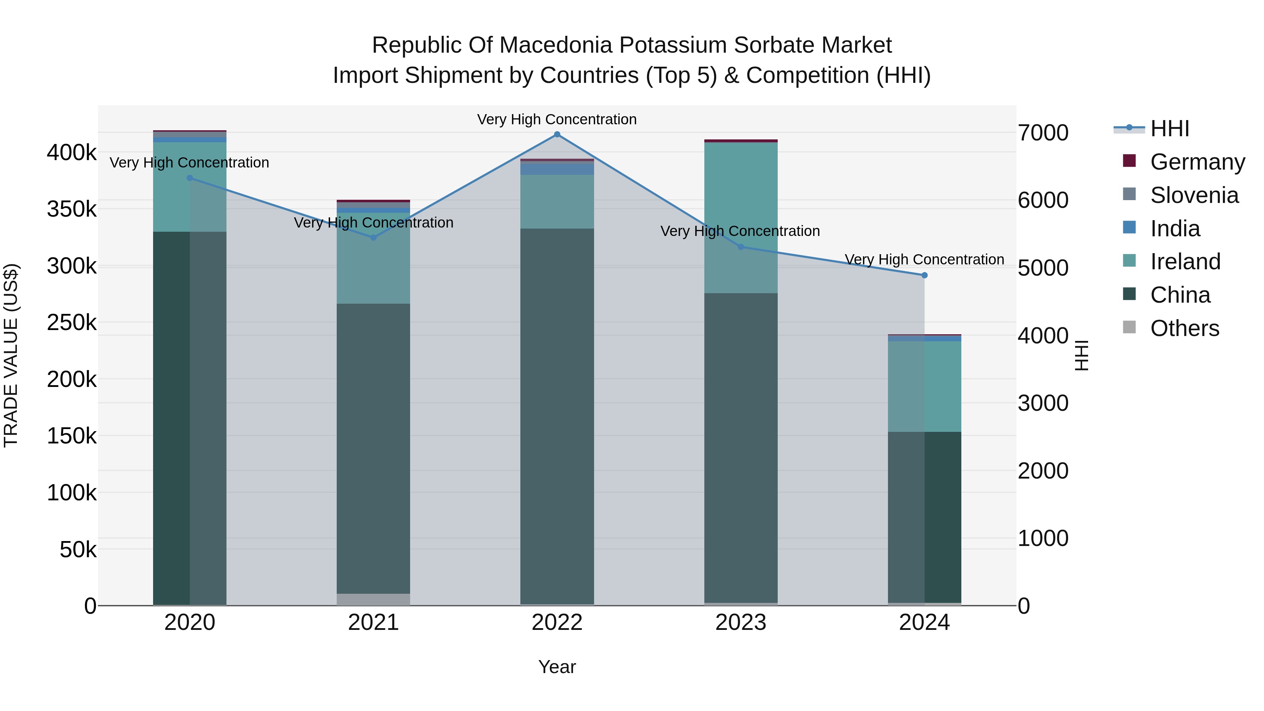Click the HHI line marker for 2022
[557, 134]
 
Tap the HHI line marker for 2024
[924, 275]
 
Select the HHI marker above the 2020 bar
[190, 178]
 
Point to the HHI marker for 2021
[374, 237]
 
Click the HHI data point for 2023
[741, 247]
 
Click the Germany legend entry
[1197, 162]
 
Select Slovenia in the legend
[1194, 195]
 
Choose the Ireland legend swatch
[1130, 261]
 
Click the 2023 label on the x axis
[741, 623]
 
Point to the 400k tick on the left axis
[72, 153]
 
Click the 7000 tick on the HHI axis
[1043, 133]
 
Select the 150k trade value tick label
[72, 436]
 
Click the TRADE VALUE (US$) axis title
[11, 355]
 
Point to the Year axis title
[557, 667]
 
